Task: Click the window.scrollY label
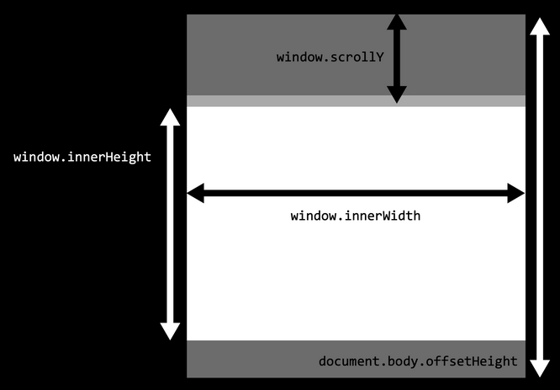pyautogui.click(x=330, y=57)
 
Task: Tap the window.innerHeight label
pyautogui.click(x=82, y=157)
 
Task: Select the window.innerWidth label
pyautogui.click(x=356, y=216)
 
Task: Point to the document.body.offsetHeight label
pyautogui.click(x=418, y=361)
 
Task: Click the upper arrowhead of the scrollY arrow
pyautogui.click(x=397, y=22)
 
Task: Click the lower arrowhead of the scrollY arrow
pyautogui.click(x=397, y=94)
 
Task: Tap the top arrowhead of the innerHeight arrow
pyautogui.click(x=170, y=117)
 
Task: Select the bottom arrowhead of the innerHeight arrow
pyautogui.click(x=170, y=331)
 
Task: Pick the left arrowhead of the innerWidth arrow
pyautogui.click(x=196, y=193)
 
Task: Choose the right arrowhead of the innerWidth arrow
pyautogui.click(x=516, y=193)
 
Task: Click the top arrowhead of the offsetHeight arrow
pyautogui.click(x=540, y=26)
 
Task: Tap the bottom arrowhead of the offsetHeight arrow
pyautogui.click(x=540, y=369)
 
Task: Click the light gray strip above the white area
pyautogui.click(x=356, y=101)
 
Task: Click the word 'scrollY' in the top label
pyautogui.click(x=357, y=57)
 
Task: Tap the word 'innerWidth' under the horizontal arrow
pyautogui.click(x=383, y=216)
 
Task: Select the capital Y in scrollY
pyautogui.click(x=380, y=57)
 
